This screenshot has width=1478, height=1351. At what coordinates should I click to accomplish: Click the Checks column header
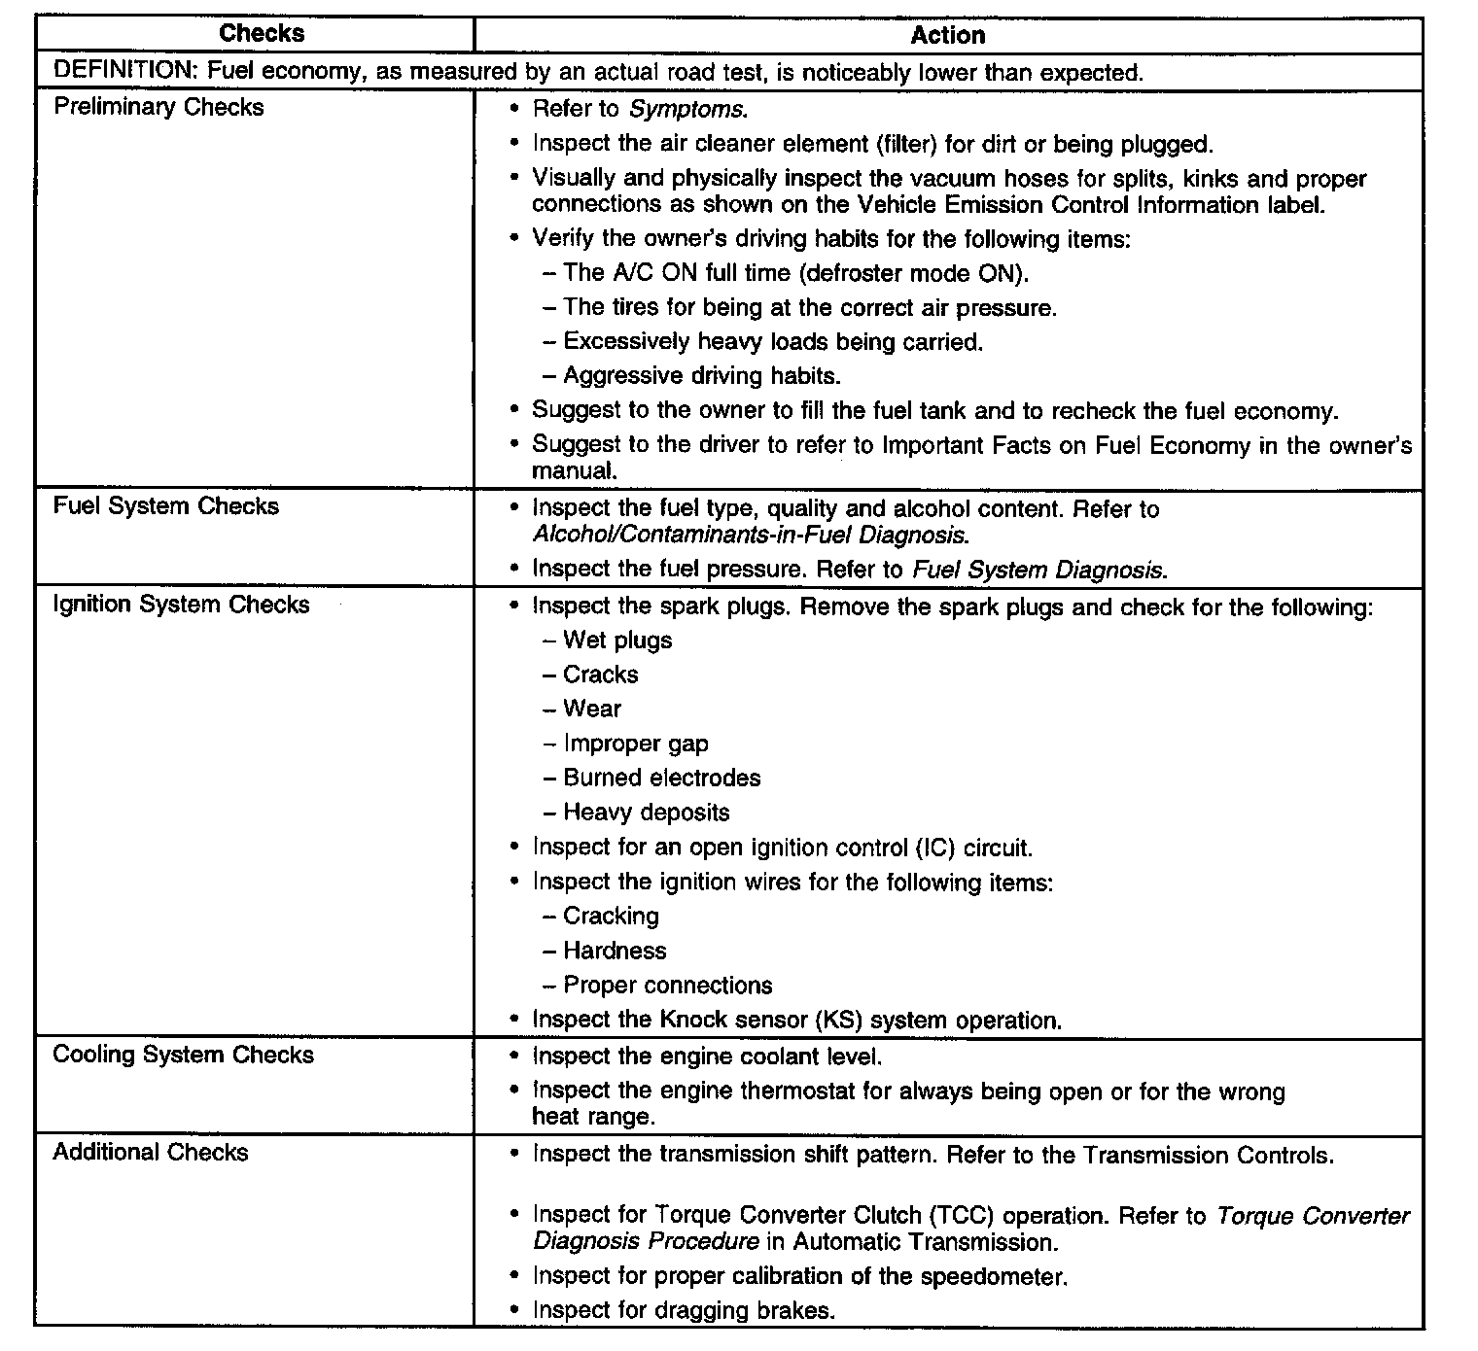point(262,33)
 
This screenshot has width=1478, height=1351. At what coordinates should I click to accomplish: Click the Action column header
point(948,36)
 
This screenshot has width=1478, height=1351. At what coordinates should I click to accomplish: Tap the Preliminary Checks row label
point(158,107)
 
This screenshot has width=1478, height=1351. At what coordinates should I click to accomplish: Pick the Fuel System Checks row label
point(165,506)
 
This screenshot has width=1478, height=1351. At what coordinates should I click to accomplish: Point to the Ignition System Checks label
point(181,605)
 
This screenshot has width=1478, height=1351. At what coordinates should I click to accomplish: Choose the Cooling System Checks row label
point(183,1056)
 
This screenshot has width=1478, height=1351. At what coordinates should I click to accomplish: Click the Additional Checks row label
point(151,1153)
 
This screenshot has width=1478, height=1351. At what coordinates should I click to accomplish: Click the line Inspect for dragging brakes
point(684,1310)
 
